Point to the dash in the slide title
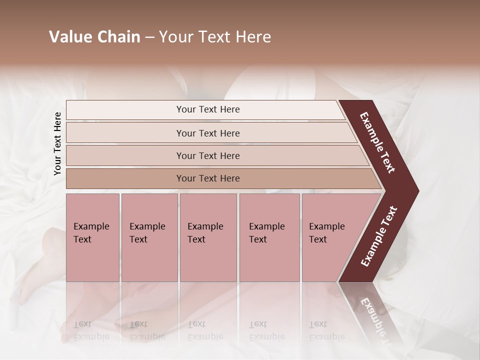pos(149,37)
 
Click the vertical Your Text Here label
pos(57,143)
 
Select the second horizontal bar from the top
pos(208,133)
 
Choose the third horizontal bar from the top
pos(208,155)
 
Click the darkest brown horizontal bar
pos(208,178)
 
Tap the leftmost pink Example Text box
pos(93,237)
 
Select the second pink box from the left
pos(149,237)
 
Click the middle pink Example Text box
pos(208,237)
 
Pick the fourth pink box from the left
pos(269,237)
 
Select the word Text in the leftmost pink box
pos(82,239)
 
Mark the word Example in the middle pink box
pos(205,226)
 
